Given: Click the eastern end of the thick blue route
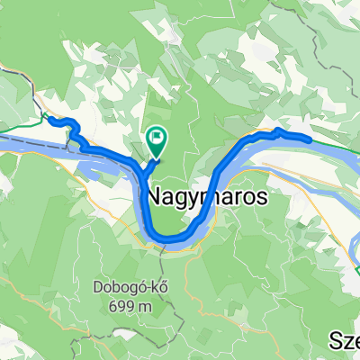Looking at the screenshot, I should [x=310, y=139].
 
